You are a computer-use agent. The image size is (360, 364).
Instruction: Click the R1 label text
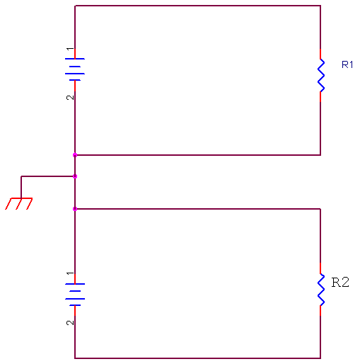click(347, 64)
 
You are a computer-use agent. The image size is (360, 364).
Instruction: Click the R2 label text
click(340, 282)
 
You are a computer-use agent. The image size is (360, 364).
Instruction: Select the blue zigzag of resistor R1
click(321, 75)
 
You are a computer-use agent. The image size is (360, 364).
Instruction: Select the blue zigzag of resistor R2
click(321, 290)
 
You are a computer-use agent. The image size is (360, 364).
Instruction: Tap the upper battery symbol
click(75, 69)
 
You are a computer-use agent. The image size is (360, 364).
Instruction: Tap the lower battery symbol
click(75, 295)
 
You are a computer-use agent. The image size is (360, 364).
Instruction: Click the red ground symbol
click(19, 203)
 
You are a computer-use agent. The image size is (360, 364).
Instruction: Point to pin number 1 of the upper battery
click(70, 49)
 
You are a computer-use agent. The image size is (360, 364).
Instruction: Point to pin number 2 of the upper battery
click(70, 98)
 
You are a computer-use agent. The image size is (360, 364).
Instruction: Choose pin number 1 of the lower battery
click(70, 273)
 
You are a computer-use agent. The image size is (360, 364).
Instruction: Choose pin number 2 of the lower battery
click(70, 323)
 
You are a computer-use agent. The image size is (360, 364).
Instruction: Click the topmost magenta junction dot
click(75, 155)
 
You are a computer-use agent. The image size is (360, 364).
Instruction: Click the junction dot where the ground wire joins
click(75, 176)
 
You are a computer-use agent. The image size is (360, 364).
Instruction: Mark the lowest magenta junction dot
click(75, 209)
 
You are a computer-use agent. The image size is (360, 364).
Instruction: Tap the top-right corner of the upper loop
click(320, 6)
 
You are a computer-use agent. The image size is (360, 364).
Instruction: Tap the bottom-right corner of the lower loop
click(320, 358)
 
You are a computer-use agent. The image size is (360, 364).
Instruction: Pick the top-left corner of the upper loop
click(75, 6)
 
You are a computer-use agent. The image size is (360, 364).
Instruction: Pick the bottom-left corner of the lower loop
click(75, 358)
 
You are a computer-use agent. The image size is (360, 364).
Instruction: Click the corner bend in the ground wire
click(21, 176)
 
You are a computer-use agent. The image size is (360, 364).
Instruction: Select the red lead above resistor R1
click(320, 54)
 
